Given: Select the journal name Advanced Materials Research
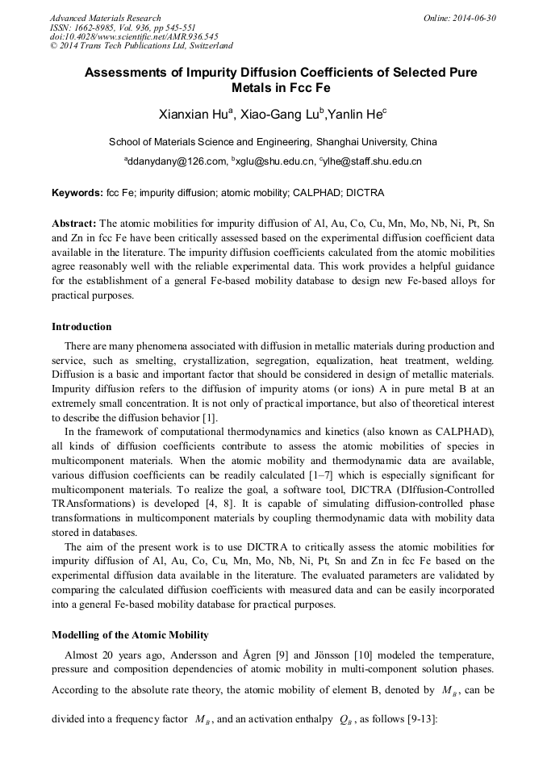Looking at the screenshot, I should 105,18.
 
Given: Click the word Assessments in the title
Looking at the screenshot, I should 131,73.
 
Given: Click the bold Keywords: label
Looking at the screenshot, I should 77,194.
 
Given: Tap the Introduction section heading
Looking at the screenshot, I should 81,327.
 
